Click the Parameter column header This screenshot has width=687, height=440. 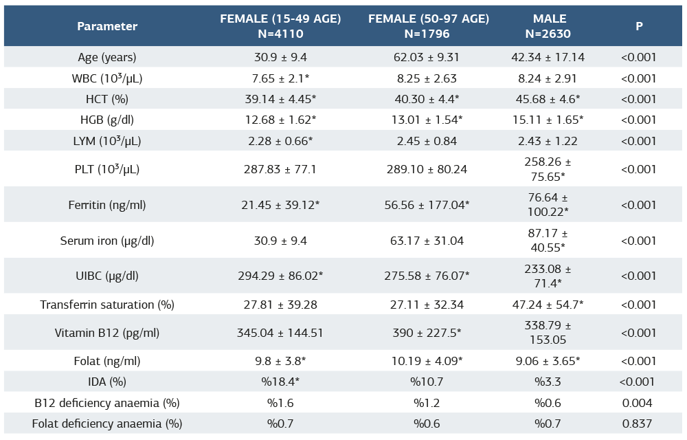[x=107, y=26]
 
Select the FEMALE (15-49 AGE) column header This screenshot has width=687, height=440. [x=280, y=26]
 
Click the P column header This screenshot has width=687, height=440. [x=639, y=26]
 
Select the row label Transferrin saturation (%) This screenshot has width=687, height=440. [x=107, y=305]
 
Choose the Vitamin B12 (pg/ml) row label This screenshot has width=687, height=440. [x=107, y=333]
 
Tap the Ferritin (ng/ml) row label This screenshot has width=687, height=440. [x=107, y=205]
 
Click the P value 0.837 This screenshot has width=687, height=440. [x=639, y=423]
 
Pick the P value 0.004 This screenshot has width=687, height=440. [x=639, y=403]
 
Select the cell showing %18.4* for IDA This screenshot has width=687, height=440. [x=280, y=382]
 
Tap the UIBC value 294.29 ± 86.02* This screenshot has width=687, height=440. [x=280, y=276]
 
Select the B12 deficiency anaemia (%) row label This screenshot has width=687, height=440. [x=107, y=403]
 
